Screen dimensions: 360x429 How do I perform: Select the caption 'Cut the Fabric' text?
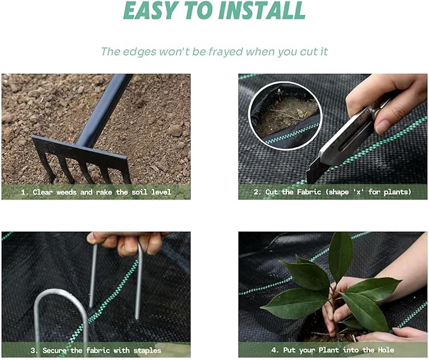(298, 192)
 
